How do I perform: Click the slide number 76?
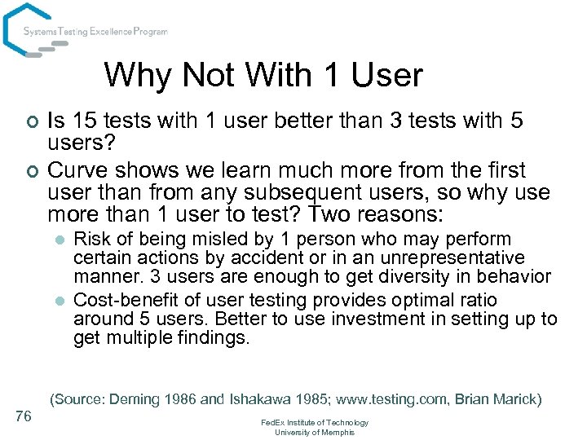24,416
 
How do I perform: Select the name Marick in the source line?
514,399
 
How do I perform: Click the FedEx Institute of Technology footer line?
315,423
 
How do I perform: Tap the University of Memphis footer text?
315,432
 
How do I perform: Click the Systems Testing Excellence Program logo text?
95,32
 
